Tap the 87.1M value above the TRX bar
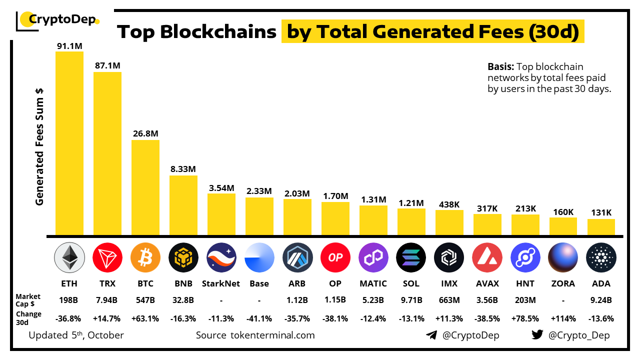(x=107, y=65)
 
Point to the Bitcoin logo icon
(x=145, y=258)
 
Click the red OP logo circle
(x=335, y=258)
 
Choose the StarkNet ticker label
(x=221, y=283)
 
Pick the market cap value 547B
(x=145, y=300)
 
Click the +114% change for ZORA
(x=563, y=318)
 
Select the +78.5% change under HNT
(x=525, y=318)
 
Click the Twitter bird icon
(x=537, y=335)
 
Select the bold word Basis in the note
(x=500, y=66)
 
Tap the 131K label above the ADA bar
(x=601, y=212)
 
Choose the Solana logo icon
(x=411, y=258)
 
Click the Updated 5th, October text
(x=76, y=335)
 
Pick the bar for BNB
(x=183, y=205)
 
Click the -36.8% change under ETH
(x=69, y=318)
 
